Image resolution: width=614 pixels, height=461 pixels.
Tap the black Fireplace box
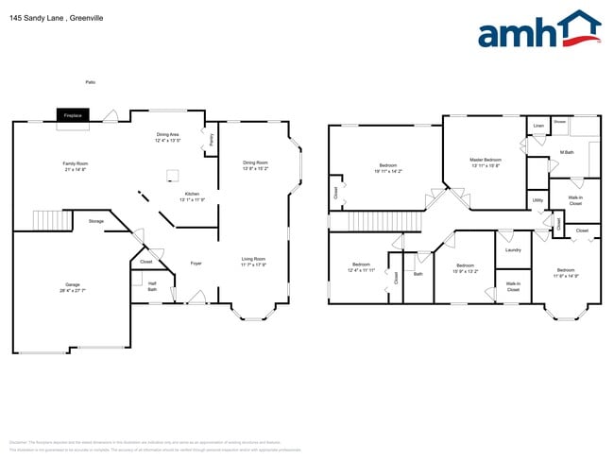tap(73, 115)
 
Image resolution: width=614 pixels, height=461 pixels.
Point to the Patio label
tap(91, 82)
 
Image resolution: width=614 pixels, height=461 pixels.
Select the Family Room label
tap(76, 163)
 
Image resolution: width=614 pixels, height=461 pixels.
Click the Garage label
tap(72, 284)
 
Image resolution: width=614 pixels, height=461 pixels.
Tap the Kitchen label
tap(192, 194)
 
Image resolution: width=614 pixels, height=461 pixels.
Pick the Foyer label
tap(196, 263)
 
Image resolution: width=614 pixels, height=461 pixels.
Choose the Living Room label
tap(253, 259)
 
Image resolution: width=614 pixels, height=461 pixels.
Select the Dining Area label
tap(168, 134)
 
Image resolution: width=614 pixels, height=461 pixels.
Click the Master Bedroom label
tap(486, 160)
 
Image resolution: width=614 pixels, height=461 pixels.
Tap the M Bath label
tap(567, 151)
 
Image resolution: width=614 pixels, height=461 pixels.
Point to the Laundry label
tap(513, 249)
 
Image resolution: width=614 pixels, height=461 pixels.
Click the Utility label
tap(537, 200)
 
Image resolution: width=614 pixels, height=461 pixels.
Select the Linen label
tap(538, 126)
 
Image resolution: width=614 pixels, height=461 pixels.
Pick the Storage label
tap(96, 221)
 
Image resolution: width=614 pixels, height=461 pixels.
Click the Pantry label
tap(212, 139)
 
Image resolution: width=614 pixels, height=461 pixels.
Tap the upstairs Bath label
tap(418, 274)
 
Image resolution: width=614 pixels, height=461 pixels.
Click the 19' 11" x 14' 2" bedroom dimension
tap(387, 171)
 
